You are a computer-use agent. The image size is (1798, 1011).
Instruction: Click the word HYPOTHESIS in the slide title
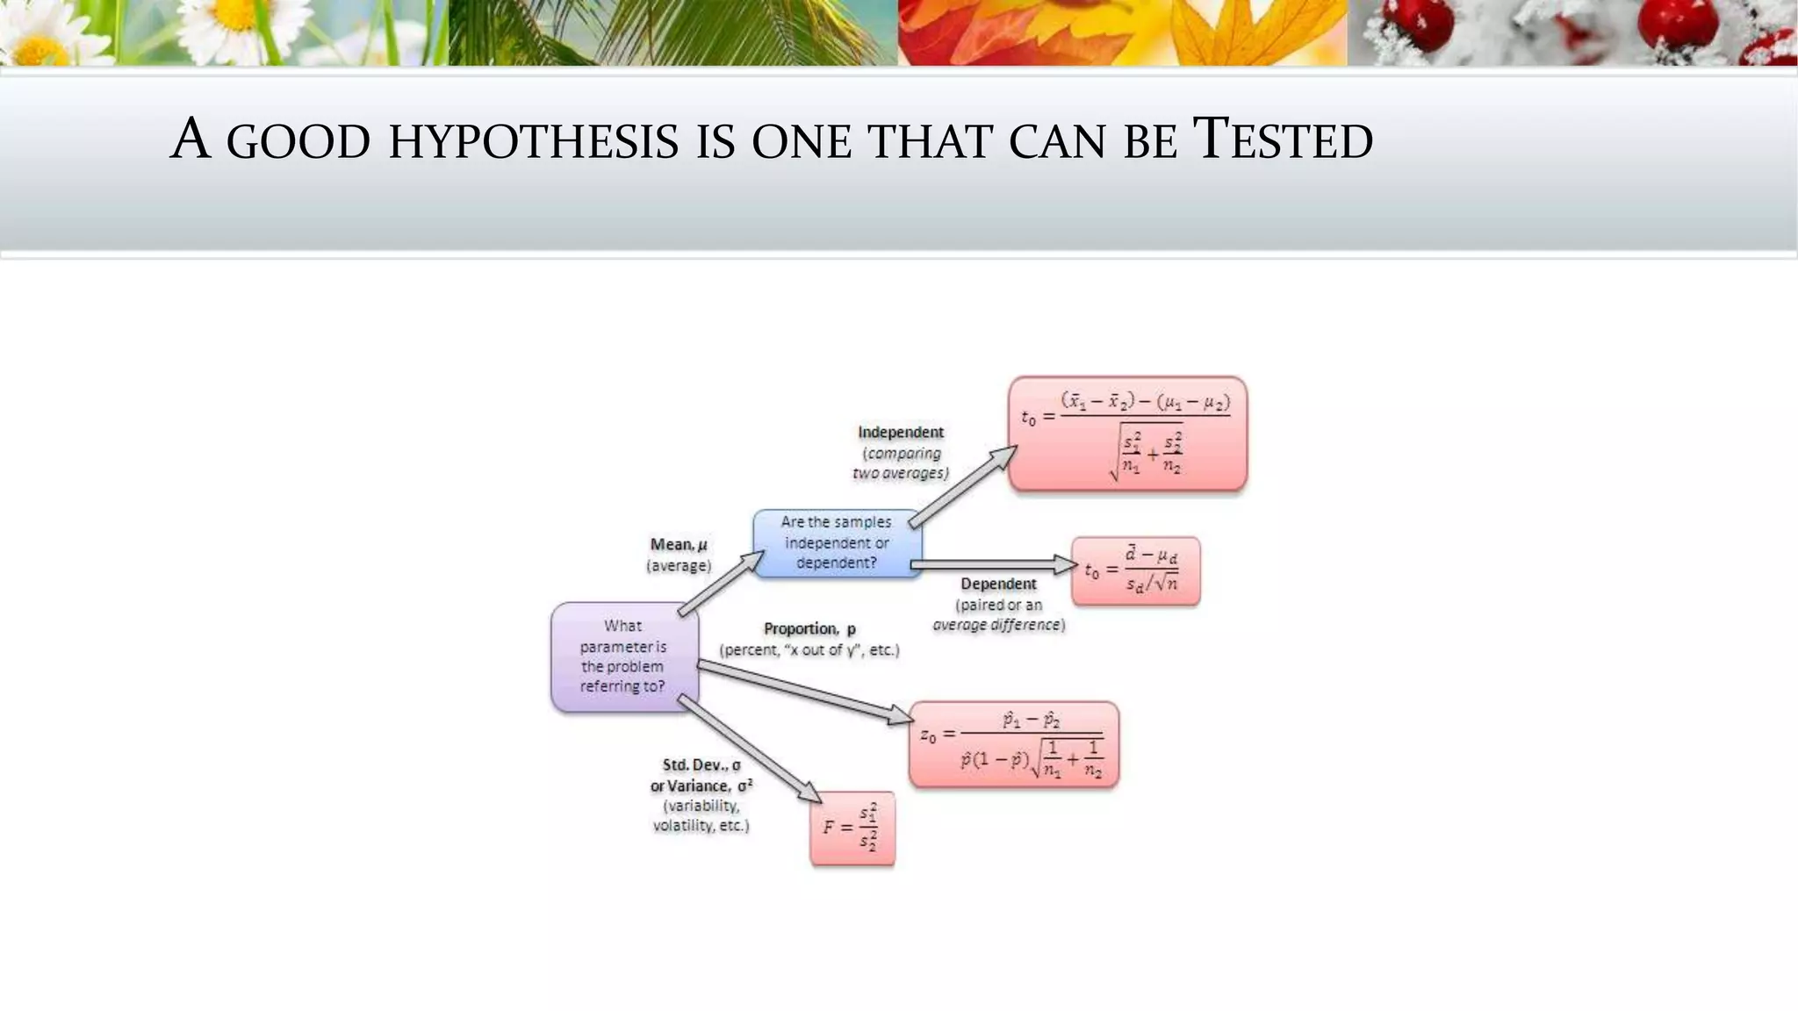coord(533,141)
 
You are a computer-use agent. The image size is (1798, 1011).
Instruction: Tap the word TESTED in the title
coord(1283,140)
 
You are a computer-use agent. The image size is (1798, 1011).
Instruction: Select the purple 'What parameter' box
coord(624,656)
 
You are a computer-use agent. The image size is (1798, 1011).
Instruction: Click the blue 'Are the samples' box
coord(837,543)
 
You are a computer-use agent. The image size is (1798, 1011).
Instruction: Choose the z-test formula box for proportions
coord(1013,744)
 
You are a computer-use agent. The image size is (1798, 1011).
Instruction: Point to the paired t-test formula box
coord(1135,571)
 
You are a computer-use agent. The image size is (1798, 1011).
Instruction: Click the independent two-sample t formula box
coord(1127,434)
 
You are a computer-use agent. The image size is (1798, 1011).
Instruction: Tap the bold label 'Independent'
coord(900,432)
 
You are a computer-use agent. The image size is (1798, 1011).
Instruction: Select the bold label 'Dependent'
coord(998,584)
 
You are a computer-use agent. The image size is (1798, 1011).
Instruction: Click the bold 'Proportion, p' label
coord(809,628)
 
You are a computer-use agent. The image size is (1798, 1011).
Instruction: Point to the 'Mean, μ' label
coord(679,544)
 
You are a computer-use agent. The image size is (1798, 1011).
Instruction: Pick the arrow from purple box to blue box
coord(721,584)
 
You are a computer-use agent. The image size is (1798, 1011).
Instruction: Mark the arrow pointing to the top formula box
coord(962,486)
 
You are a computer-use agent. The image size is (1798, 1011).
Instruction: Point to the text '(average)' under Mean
coord(679,566)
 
